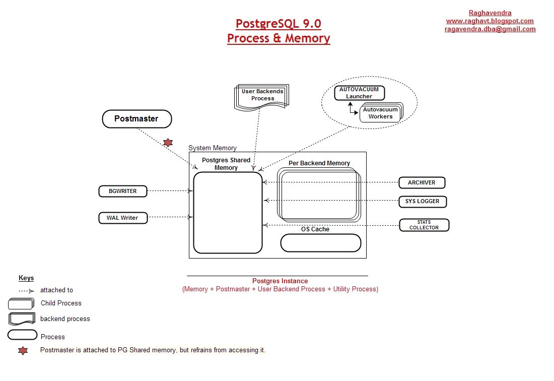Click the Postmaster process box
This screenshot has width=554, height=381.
(137, 119)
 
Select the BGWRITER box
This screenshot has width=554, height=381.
(123, 191)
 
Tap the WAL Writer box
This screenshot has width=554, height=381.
(123, 218)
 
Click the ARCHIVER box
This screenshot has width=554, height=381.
(422, 182)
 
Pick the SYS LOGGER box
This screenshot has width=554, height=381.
(422, 201)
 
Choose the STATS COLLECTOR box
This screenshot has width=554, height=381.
(424, 225)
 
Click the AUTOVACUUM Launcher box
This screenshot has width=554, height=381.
(359, 93)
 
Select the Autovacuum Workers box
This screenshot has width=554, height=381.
(380, 113)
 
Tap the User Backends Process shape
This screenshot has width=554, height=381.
(262, 95)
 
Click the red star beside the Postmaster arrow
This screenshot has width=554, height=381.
(168, 143)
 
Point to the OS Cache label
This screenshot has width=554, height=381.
(315, 229)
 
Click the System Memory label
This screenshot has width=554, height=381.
(212, 148)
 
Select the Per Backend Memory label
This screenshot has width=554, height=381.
(319, 163)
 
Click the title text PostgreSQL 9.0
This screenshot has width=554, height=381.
(278, 24)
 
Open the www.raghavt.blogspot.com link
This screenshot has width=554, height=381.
(490, 21)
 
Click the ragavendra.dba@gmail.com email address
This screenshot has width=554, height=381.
(490, 29)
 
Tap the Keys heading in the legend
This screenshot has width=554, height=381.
(26, 278)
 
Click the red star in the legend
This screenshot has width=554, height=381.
(23, 351)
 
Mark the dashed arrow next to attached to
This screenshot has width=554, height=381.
(26, 291)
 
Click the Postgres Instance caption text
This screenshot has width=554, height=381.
(280, 281)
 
